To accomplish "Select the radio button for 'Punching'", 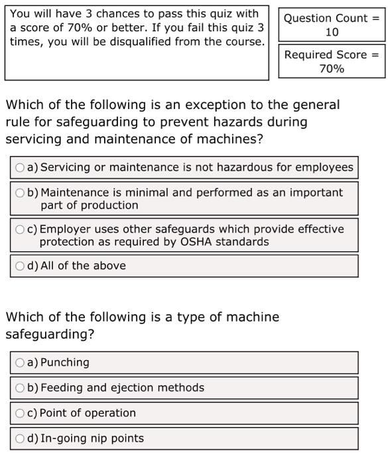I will pos(21,363).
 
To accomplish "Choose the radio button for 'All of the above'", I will pos(21,266).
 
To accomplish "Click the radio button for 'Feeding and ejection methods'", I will pos(21,388).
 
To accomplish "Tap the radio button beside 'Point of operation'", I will pos(21,413).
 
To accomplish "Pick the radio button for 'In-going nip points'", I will pos(21,438).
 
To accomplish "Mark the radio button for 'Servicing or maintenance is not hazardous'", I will pos(21,167).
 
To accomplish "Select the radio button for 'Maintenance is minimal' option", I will pos(21,193).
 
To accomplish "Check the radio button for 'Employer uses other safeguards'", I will pos(21,229).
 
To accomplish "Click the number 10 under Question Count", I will pos(332,32).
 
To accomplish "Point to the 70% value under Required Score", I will pos(332,68).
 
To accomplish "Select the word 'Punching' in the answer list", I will pos(64,363).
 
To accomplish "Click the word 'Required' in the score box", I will pos(306,54).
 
